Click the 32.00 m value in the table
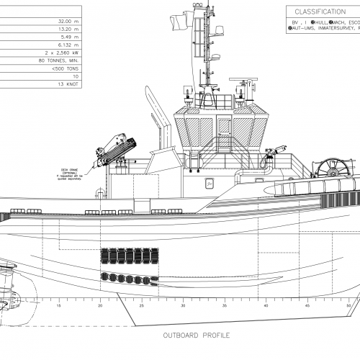[64, 22]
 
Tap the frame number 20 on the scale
[100, 306]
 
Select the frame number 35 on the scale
[225, 306]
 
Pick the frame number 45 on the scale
[308, 306]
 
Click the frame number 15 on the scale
[59, 306]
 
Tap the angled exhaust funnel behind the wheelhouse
[153, 108]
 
